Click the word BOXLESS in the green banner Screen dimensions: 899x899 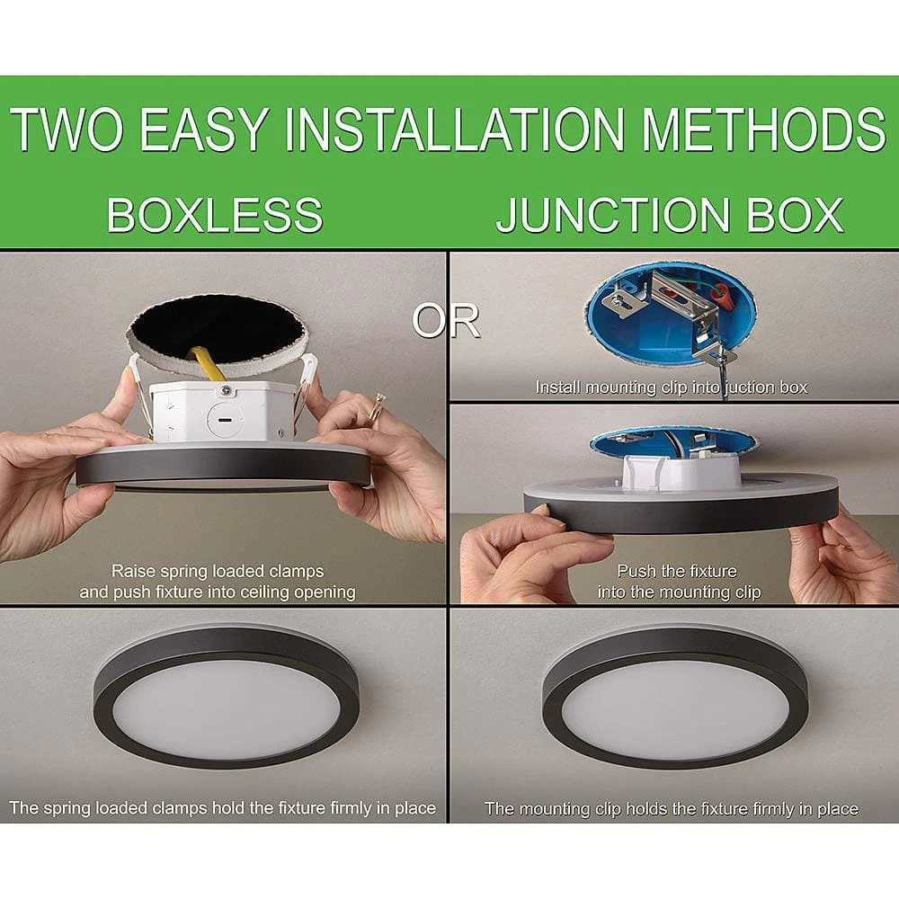215,215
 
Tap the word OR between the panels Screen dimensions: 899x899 446,321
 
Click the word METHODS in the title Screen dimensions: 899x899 763,129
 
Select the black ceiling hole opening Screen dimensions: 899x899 218,329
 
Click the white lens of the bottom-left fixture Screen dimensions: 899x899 226,710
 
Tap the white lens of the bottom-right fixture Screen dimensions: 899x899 674,708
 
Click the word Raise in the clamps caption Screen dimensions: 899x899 133,571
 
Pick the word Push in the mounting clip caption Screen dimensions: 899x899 636,572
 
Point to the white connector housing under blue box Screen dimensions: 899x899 681,473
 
